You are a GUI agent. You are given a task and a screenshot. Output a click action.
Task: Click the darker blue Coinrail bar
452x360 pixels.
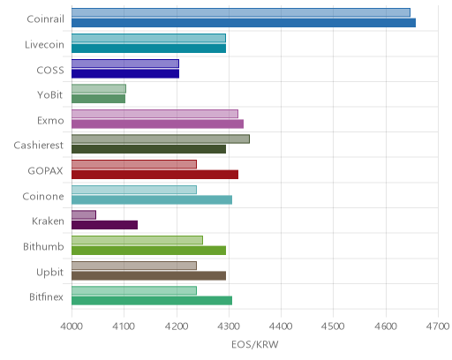244,23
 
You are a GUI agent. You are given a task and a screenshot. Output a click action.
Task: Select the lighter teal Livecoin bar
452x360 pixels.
148,38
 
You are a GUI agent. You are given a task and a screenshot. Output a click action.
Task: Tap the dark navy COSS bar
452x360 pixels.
125,73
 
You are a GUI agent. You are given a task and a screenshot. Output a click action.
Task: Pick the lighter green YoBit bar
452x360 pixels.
99,89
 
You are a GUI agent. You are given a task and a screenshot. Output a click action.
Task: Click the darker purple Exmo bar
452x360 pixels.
157,124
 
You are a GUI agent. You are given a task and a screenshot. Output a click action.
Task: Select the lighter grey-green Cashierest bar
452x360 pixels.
161,139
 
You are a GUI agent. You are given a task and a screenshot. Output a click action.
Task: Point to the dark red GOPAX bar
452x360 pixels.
154,175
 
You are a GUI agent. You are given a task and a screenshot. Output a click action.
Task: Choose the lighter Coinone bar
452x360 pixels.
134,190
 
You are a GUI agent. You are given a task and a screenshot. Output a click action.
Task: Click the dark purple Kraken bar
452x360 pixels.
104,225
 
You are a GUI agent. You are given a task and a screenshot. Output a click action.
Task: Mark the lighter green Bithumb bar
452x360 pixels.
137,240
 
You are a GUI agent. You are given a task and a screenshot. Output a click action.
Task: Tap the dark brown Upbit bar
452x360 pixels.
148,275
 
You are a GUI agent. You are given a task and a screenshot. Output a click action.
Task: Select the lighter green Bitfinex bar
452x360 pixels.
134,290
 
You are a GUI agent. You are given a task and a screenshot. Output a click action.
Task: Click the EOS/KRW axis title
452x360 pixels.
255,344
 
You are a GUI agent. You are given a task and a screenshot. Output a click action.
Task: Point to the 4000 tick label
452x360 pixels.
72,326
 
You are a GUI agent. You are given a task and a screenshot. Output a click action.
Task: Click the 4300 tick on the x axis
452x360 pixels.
229,326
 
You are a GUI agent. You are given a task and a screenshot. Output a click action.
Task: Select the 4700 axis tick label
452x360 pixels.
438,326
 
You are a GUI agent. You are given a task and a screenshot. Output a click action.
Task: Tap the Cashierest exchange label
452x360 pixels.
39,146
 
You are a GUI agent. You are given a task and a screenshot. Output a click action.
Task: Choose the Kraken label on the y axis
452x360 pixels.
48,221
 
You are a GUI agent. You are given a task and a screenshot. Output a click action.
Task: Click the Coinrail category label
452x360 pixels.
45,19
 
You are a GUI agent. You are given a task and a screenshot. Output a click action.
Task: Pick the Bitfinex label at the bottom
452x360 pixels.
46,297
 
